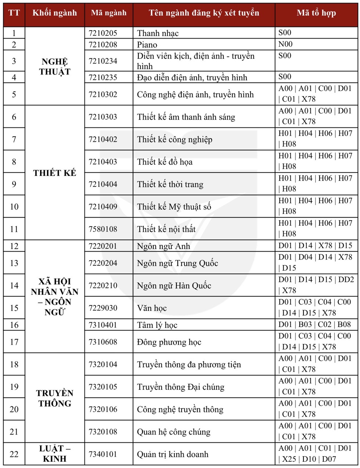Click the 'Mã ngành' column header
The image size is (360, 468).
point(109,13)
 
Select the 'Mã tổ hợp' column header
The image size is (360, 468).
point(316,13)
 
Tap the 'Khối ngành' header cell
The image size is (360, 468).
point(55,13)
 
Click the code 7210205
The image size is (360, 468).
point(103,33)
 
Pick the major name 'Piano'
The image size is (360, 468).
point(147,45)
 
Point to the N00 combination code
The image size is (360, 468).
point(285,44)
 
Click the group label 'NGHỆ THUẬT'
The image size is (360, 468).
point(55,66)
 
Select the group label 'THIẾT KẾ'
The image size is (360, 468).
point(55,173)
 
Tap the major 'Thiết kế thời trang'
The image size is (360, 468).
point(170,184)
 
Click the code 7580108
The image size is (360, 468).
point(103,229)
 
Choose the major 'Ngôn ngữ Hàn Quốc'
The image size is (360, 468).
point(174,286)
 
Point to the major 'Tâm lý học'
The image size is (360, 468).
point(157,325)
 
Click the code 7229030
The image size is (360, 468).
point(103,308)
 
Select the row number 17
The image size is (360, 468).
point(14,342)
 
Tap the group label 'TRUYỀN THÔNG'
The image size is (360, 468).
point(55,398)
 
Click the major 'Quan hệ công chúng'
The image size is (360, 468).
point(174,432)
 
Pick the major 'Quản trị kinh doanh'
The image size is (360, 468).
point(173,454)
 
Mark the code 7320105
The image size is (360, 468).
point(103,387)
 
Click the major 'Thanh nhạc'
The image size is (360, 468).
point(158,33)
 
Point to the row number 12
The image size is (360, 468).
point(14,246)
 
